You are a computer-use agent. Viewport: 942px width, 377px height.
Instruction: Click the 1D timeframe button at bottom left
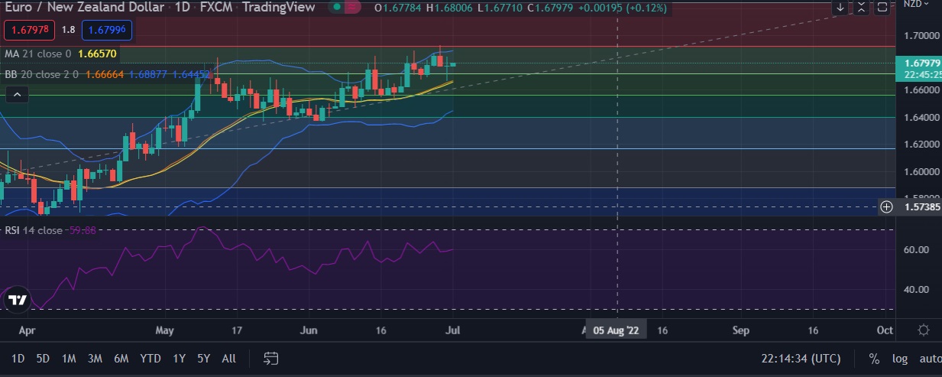[18, 358]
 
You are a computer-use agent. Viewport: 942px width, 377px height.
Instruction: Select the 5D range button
[43, 358]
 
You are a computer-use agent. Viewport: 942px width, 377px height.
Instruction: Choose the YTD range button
[150, 358]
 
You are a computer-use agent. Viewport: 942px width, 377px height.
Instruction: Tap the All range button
[228, 358]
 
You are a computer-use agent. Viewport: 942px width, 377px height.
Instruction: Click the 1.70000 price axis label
[915, 36]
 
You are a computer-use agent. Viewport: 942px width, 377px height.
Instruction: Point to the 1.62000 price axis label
[915, 145]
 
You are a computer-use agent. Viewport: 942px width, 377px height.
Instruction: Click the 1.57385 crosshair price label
[915, 206]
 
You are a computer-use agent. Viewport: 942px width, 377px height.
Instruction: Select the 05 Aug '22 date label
[616, 330]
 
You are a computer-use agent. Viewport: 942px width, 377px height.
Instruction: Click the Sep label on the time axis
[740, 330]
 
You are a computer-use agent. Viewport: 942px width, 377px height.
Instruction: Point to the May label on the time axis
[164, 330]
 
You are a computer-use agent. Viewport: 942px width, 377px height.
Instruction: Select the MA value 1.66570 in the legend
[97, 54]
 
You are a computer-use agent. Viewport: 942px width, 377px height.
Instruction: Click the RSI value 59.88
[83, 230]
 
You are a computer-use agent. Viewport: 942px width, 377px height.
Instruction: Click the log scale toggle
[900, 358]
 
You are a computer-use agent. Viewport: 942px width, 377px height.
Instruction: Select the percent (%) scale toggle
[874, 358]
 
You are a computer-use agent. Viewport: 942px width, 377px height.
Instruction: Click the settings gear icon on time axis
[923, 330]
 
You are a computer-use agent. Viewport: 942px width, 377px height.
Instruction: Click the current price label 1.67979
[915, 63]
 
